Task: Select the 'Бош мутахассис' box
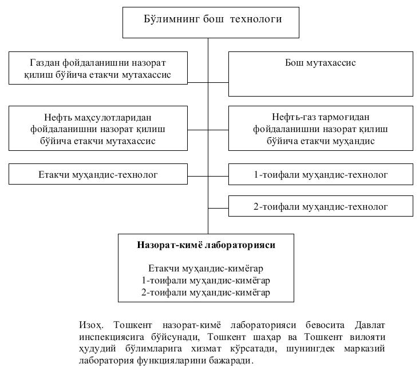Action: tap(321, 73)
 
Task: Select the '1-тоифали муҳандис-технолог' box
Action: tap(321, 174)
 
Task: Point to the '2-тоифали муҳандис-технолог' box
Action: tap(321, 206)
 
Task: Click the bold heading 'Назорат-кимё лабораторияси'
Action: tap(206, 245)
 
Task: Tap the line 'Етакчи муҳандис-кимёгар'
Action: tap(206, 268)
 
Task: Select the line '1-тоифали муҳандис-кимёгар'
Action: tap(206, 281)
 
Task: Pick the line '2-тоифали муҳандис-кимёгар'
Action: tap(206, 293)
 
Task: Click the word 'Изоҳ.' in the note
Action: tap(91, 324)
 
